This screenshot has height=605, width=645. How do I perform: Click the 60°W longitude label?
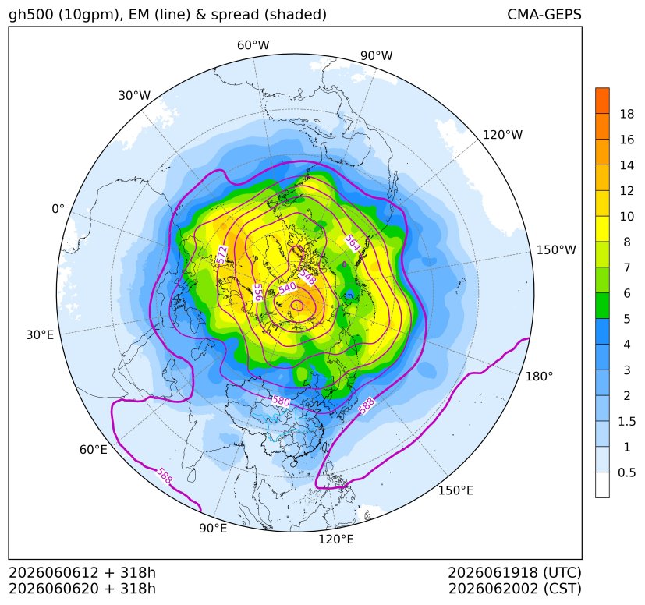click(x=253, y=45)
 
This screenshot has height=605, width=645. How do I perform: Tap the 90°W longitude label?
click(x=377, y=55)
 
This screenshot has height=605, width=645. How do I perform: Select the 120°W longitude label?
click(x=502, y=135)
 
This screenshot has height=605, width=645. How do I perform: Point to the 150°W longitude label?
click(x=556, y=249)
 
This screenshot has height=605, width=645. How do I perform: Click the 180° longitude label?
click(x=539, y=377)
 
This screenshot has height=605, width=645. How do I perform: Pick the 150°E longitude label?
click(x=455, y=490)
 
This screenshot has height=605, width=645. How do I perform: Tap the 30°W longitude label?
click(x=134, y=95)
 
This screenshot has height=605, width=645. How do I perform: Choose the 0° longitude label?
click(x=58, y=209)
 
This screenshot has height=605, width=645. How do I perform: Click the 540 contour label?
click(x=287, y=288)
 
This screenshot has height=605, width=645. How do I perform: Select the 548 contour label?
click(x=307, y=277)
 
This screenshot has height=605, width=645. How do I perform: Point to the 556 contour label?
click(x=258, y=292)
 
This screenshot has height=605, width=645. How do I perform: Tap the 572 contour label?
click(x=222, y=255)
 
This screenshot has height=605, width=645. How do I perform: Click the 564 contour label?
click(x=353, y=242)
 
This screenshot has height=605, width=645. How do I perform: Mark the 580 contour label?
click(x=281, y=401)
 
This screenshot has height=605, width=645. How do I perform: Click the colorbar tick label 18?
click(x=627, y=114)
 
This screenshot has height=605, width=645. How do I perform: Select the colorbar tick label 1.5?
click(x=627, y=421)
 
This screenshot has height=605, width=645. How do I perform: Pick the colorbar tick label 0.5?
click(x=627, y=472)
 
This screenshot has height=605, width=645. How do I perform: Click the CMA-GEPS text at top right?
click(x=544, y=14)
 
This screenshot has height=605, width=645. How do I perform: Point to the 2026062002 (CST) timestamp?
click(x=515, y=589)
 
